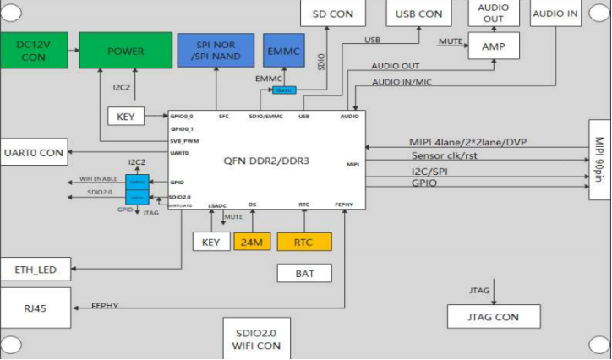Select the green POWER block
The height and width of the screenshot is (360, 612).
tap(125, 51)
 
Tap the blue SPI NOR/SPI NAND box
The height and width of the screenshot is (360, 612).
tap(215, 51)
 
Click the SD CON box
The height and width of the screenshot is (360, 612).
tap(332, 14)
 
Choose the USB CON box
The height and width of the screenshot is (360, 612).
tap(418, 14)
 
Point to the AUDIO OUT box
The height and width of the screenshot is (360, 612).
tap(493, 13)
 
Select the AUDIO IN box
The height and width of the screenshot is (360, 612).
tap(555, 13)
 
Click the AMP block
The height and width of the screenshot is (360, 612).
tap(493, 46)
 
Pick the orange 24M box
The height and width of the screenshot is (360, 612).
tap(251, 243)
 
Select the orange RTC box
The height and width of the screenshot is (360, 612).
tap(304, 243)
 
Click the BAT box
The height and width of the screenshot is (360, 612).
tap(304, 273)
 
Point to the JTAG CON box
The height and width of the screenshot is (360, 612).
tap(494, 317)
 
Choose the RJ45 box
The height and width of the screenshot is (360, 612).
tap(35, 308)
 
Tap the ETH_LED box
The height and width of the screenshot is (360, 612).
tap(35, 270)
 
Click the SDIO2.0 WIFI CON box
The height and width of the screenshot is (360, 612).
tap(255, 338)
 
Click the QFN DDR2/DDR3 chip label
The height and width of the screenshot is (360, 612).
tap(266, 160)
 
